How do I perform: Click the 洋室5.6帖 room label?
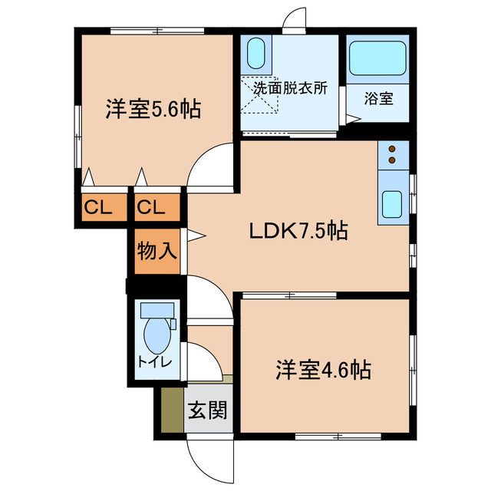pyautogui.click(x=153, y=110)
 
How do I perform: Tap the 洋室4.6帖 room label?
pyautogui.click(x=324, y=371)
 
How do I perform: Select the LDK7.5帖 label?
pyautogui.click(x=298, y=230)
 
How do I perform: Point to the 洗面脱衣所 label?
pyautogui.click(x=291, y=87)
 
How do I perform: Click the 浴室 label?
pyautogui.click(x=378, y=98)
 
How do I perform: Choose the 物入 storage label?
pyautogui.click(x=158, y=250)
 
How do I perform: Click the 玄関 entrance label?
pyautogui.click(x=207, y=410)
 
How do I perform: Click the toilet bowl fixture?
pyautogui.click(x=158, y=332)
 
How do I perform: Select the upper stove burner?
pyautogui.click(x=393, y=149)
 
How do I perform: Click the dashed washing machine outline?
pyautogui.click(x=259, y=96)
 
